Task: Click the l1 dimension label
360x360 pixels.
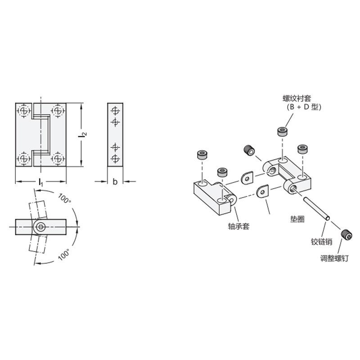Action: click(x=41, y=182)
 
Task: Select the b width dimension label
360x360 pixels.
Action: click(x=115, y=182)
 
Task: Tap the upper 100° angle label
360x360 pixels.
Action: click(x=64, y=198)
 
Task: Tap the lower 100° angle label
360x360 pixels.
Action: click(x=64, y=254)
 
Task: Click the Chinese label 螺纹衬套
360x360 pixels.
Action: click(x=297, y=99)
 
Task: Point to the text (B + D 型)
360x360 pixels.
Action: click(x=304, y=107)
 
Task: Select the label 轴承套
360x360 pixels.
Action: click(x=238, y=226)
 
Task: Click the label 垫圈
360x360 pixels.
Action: click(x=297, y=219)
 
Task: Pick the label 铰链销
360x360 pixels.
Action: click(x=321, y=242)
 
